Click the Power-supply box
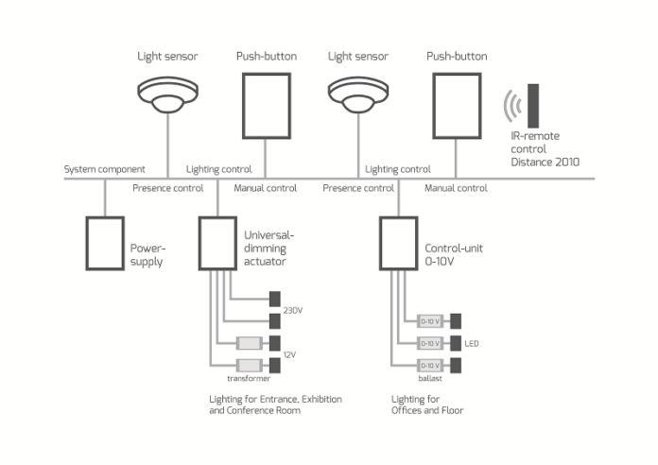(x=104, y=244)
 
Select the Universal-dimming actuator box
(x=218, y=244)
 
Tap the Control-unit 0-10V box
(x=398, y=244)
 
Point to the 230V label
(x=294, y=309)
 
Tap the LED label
(x=472, y=342)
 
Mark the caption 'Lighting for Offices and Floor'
(x=427, y=405)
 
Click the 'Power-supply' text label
(x=147, y=256)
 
